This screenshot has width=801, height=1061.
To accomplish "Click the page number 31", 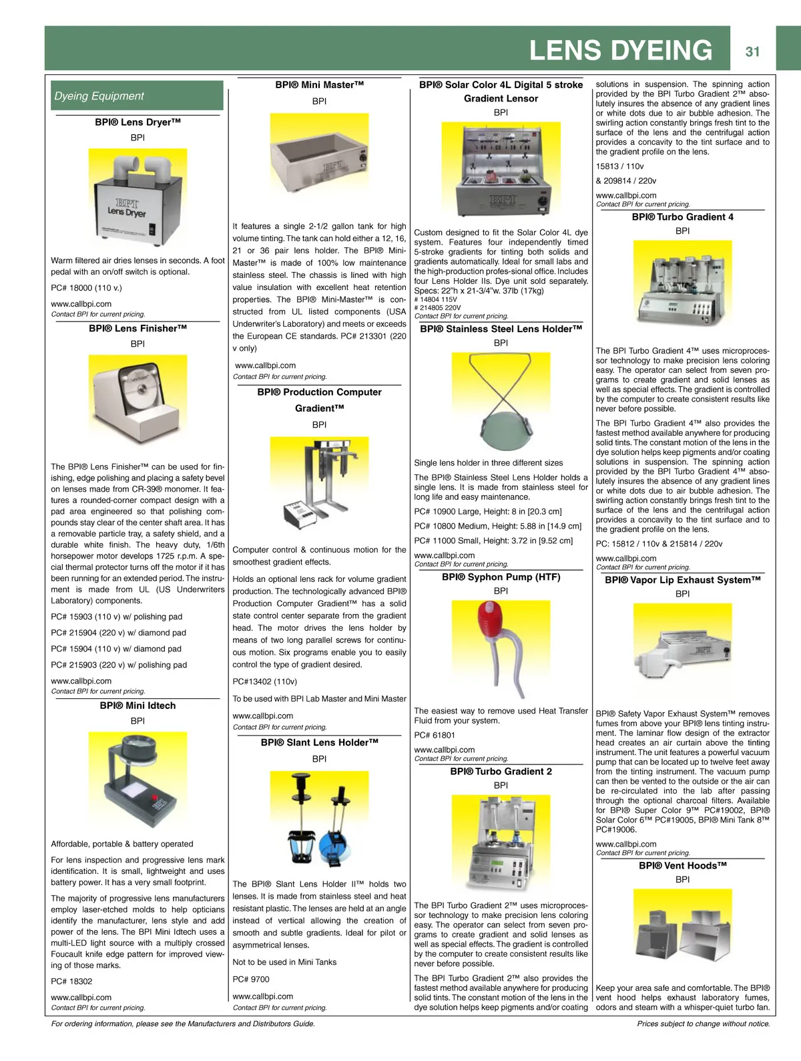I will (752, 51).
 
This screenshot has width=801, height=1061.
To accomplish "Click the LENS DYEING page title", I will (620, 50).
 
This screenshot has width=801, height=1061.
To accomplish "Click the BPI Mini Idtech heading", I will (138, 706).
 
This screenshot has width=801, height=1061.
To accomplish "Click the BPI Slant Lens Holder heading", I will (319, 742).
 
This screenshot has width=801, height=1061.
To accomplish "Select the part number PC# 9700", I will (251, 979).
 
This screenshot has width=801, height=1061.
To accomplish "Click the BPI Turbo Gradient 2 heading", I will (501, 771).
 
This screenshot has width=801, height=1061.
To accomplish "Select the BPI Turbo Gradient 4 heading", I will (682, 217).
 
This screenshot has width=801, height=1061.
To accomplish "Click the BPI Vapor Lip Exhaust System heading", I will (682, 580).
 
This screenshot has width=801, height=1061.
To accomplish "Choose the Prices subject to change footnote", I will (703, 1024).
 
